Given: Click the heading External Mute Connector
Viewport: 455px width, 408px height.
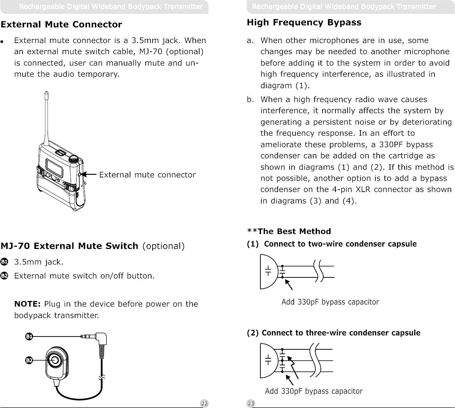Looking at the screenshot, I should tap(62, 25).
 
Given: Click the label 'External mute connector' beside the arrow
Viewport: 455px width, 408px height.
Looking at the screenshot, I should tap(147, 175).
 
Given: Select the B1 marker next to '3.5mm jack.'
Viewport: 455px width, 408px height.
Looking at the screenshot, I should tap(4, 262).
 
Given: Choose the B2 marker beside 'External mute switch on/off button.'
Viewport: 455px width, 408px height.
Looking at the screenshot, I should tap(4, 276).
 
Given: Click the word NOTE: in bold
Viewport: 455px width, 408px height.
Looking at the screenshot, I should tap(27, 304).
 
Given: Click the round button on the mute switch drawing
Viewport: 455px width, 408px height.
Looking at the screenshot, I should tap(55, 361).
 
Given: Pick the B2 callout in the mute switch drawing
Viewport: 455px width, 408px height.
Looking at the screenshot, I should tap(30, 361).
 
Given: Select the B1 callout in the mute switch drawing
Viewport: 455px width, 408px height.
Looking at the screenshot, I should tap(30, 336).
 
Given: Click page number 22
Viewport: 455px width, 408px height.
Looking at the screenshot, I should tap(205, 403).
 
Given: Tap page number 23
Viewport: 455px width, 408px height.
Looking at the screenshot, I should tap(251, 403).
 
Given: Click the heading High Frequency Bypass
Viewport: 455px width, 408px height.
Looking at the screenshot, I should tap(304, 23).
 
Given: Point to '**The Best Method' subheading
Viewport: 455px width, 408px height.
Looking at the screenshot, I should tap(289, 231).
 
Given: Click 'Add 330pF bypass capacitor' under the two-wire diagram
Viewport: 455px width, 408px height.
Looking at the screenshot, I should tap(330, 302).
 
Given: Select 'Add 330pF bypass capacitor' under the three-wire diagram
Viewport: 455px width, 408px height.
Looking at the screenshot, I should tap(314, 391).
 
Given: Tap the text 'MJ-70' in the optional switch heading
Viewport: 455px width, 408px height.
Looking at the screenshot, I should tap(16, 246).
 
